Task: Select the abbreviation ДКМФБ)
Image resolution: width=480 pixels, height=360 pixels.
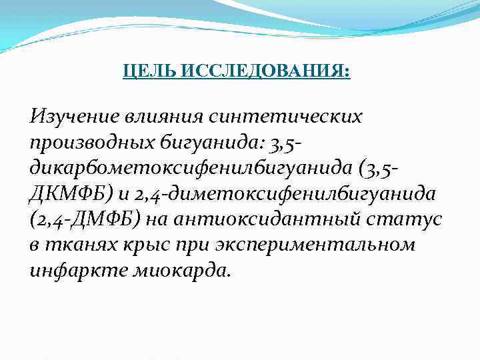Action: coord(66,193)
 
